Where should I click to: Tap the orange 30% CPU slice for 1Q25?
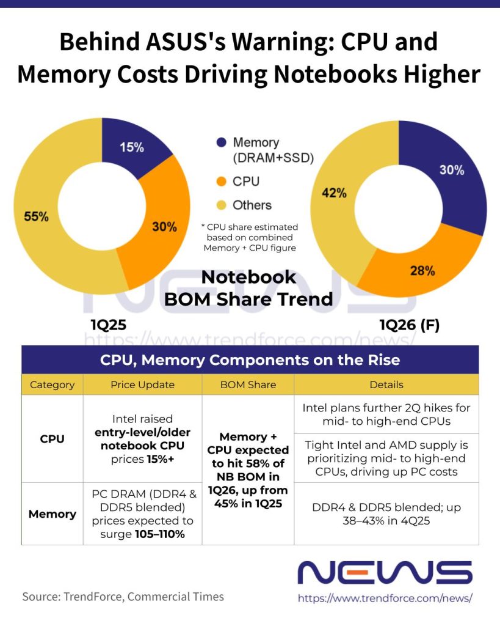point(163,226)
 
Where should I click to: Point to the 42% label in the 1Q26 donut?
point(334,193)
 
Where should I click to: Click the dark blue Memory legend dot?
point(221,142)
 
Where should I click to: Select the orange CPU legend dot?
point(221,182)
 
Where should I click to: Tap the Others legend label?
point(252,205)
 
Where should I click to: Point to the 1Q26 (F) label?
point(409,325)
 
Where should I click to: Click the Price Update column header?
point(142,385)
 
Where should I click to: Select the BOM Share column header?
point(248,385)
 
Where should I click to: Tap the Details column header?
point(386,385)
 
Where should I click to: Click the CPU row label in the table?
point(52,438)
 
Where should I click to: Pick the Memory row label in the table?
point(52,514)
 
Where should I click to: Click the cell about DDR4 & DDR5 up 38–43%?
point(386,514)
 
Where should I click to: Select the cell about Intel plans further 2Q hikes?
point(386,414)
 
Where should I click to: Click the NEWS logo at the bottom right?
point(385,573)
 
